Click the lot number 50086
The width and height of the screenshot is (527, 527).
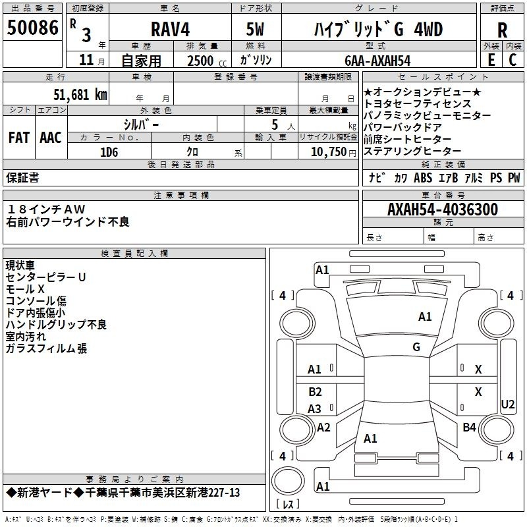[x=32, y=28]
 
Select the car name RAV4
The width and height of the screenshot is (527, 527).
[x=170, y=29]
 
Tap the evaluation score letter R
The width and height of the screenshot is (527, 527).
[x=502, y=30]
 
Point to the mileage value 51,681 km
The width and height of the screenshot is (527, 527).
[x=80, y=95]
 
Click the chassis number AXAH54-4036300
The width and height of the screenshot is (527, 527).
[x=443, y=209]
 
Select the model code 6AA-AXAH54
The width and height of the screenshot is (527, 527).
[x=377, y=61]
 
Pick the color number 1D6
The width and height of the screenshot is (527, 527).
[x=109, y=152]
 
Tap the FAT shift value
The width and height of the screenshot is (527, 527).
[x=19, y=138]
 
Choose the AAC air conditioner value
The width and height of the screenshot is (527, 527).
[x=51, y=138]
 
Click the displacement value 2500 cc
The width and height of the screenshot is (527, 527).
[x=207, y=61]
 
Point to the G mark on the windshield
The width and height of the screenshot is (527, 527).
[x=416, y=347]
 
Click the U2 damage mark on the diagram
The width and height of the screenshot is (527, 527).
[x=507, y=404]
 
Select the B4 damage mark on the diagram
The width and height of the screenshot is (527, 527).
[x=469, y=427]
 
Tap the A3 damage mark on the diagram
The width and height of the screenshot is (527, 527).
[x=314, y=408]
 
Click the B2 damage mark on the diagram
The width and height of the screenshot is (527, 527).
[x=315, y=391]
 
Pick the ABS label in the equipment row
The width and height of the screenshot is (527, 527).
[x=423, y=177]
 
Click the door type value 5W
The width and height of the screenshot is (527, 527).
[x=255, y=29]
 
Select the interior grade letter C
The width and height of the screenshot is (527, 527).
[x=513, y=60]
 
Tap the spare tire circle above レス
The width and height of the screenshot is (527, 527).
[x=288, y=480]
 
